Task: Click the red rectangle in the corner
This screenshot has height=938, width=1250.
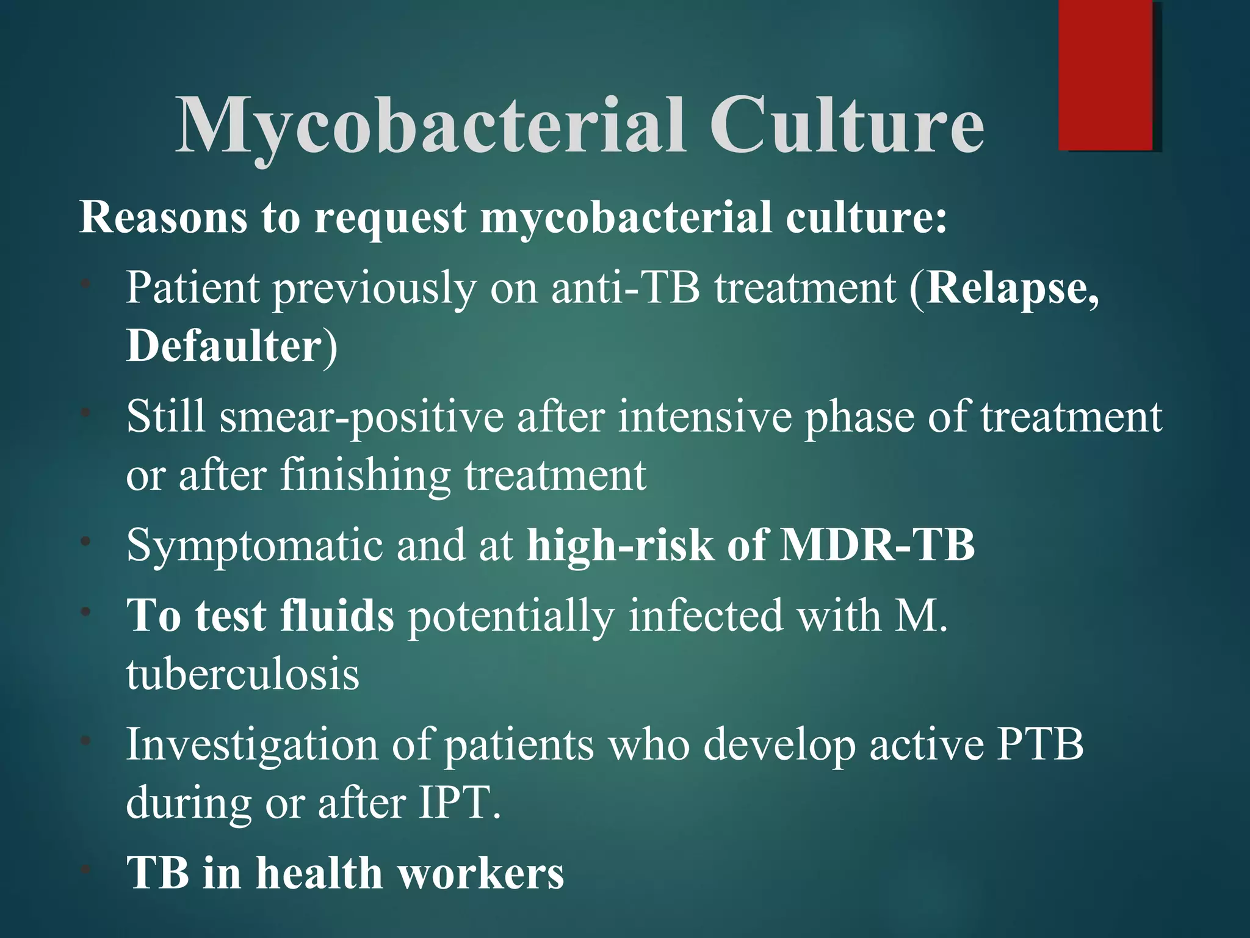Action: tap(1106, 75)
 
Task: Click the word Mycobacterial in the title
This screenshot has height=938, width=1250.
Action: tap(430, 126)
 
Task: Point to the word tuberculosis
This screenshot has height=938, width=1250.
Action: tap(243, 674)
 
